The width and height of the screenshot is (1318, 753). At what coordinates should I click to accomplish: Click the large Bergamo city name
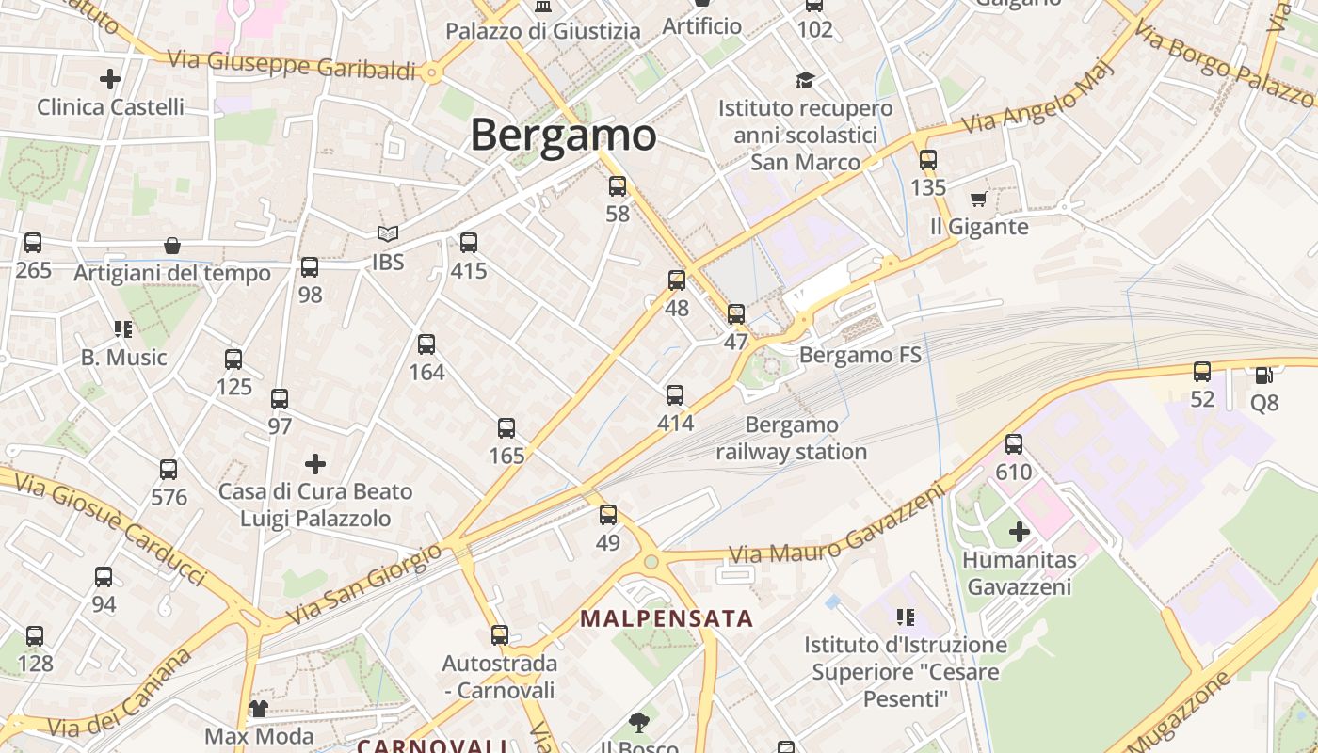[x=563, y=135]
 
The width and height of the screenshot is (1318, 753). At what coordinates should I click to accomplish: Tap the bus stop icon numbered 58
[x=618, y=186]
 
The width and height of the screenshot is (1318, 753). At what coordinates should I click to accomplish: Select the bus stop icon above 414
[x=675, y=395]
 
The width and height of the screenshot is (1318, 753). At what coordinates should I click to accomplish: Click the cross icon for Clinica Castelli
[x=110, y=79]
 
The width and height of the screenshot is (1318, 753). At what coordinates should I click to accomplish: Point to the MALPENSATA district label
[x=667, y=618]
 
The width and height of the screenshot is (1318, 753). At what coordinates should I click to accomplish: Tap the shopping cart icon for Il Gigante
[x=978, y=199]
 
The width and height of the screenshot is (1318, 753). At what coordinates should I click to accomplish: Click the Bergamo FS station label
[x=860, y=356]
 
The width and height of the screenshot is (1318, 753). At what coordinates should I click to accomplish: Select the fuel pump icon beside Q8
[x=1263, y=375]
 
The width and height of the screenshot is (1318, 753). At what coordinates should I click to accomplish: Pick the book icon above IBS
[x=387, y=233]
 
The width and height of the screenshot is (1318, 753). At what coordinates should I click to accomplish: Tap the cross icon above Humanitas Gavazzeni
[x=1019, y=532]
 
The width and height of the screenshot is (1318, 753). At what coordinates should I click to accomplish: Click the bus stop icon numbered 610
[x=1014, y=443]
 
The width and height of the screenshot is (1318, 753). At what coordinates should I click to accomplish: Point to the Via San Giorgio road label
[x=363, y=584]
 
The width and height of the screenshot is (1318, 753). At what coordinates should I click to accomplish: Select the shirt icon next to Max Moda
[x=258, y=708]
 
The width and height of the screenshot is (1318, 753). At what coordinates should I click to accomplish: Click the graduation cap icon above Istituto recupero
[x=805, y=80]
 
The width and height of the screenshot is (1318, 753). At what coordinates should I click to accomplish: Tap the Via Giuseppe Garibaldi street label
[x=292, y=66]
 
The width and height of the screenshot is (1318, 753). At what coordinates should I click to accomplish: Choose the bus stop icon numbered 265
[x=33, y=243]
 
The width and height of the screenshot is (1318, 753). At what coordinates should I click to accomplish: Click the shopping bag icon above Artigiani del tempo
[x=172, y=246]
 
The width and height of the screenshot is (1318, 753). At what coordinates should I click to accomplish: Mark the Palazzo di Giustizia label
[x=542, y=31]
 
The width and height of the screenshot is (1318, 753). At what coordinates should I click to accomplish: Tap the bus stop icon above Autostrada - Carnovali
[x=500, y=635]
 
